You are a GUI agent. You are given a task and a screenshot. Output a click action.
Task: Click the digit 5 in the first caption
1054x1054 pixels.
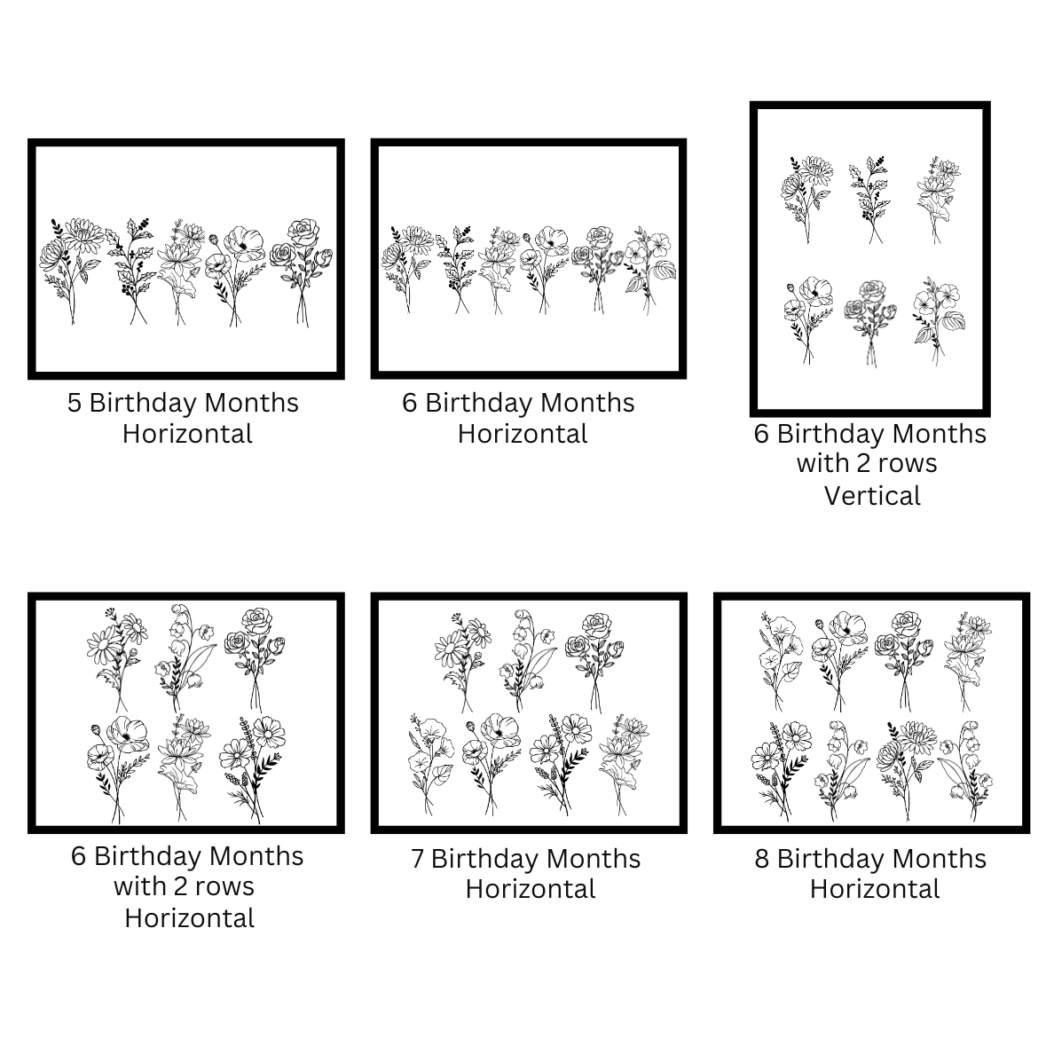75,403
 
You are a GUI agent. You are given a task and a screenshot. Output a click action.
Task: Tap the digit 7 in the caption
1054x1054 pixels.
418,859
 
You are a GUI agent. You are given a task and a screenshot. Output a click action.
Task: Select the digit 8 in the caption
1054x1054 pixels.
761,859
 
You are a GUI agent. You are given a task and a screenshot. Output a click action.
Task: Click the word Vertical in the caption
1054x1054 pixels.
872,496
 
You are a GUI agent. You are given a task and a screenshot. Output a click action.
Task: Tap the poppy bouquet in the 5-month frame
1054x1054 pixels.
235,276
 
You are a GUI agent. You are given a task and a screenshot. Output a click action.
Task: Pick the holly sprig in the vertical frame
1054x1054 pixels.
871,200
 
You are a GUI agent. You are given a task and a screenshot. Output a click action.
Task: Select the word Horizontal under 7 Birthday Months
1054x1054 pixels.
531,889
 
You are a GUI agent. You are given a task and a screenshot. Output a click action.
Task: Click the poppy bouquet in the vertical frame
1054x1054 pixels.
808,320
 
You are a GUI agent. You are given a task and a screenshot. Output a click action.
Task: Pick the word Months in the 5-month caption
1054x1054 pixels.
251,403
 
